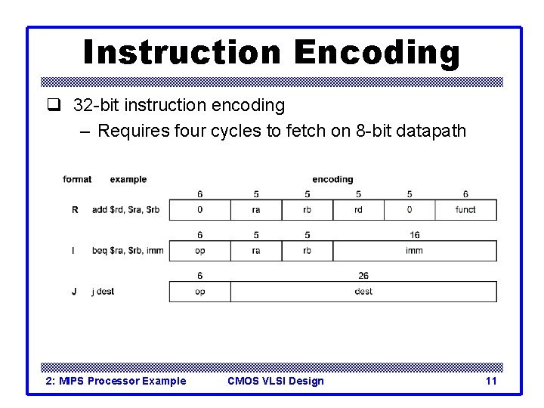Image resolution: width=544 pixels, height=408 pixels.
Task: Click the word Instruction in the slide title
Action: pyautogui.click(x=181, y=53)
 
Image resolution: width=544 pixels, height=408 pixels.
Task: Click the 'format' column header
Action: pyautogui.click(x=77, y=179)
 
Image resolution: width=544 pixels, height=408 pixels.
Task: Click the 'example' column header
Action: pyautogui.click(x=128, y=179)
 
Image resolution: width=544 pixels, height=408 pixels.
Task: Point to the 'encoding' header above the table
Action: pyautogui.click(x=332, y=179)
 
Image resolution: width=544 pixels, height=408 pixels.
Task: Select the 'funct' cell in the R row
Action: pyautogui.click(x=465, y=210)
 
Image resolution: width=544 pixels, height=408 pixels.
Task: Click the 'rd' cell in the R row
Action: pyautogui.click(x=358, y=210)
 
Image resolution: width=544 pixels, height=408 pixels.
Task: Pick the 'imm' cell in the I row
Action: pyautogui.click(x=414, y=251)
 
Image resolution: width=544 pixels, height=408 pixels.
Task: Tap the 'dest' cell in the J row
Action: pyautogui.click(x=363, y=292)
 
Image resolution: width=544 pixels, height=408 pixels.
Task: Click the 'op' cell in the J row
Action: pyautogui.click(x=199, y=292)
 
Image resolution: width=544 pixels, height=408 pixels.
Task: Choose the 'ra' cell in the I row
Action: pyautogui.click(x=256, y=251)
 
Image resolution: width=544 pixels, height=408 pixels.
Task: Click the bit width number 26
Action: pyautogui.click(x=363, y=276)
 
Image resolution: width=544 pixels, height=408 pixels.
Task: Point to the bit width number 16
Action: pyautogui.click(x=414, y=235)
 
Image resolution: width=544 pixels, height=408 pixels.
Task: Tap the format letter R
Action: pyautogui.click(x=75, y=210)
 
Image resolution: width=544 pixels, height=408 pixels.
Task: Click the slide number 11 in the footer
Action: pyautogui.click(x=491, y=381)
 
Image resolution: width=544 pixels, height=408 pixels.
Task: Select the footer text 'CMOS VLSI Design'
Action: pyautogui.click(x=275, y=381)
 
